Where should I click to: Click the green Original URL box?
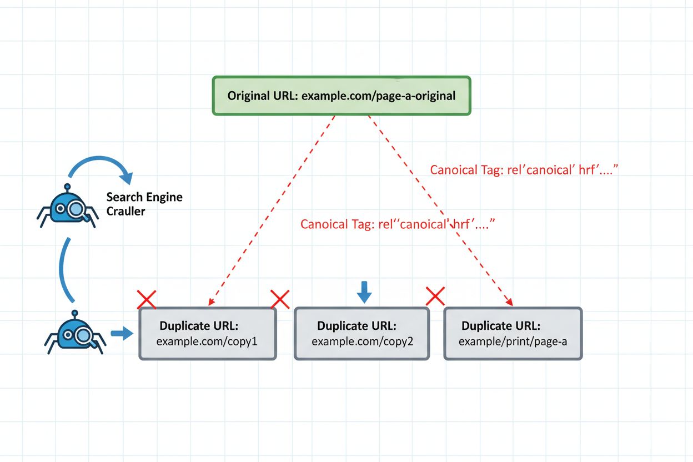(x=342, y=96)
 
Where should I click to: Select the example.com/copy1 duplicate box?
(x=207, y=333)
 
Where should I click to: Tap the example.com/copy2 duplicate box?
(x=361, y=333)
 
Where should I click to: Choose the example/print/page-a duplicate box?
(x=513, y=333)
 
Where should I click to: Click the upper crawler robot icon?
(x=67, y=208)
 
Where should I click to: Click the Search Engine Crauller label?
(x=143, y=204)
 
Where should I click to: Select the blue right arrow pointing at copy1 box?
(x=122, y=333)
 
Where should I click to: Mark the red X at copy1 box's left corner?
(x=147, y=299)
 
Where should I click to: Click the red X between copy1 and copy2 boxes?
(x=280, y=299)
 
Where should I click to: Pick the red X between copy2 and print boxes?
(x=435, y=296)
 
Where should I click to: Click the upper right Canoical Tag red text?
(x=524, y=170)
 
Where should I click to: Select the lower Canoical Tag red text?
(x=397, y=224)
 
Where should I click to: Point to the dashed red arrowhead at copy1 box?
(x=210, y=302)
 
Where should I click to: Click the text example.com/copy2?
(x=362, y=341)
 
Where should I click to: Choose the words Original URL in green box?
(x=262, y=96)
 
